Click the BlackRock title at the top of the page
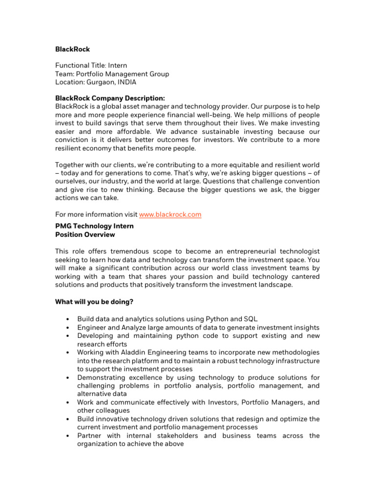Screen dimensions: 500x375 point(72,49)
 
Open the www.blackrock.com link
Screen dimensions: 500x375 point(170,214)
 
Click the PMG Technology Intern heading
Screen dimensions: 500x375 point(94,226)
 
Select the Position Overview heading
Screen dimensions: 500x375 point(85,234)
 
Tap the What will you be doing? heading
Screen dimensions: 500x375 point(94,302)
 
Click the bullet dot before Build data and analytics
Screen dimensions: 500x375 point(66,319)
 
